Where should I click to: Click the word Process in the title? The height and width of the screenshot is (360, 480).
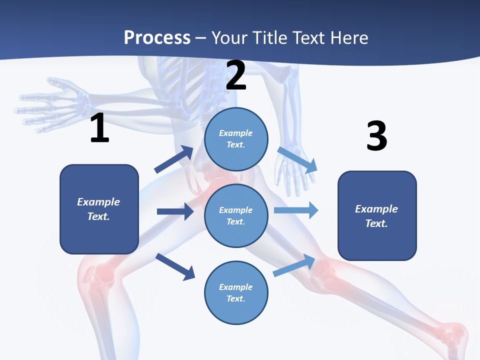point(157,37)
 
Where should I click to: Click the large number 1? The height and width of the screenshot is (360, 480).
point(99,128)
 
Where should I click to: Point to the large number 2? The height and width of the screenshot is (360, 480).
point(236,75)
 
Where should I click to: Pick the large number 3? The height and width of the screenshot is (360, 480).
point(376,136)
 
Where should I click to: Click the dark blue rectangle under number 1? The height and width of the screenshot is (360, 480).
point(99,209)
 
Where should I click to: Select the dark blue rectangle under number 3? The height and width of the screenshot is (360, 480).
point(377,215)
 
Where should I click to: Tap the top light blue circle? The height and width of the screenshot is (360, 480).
point(236,139)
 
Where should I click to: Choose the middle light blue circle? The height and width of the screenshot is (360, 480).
point(236,215)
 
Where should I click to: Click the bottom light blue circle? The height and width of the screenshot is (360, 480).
point(236,292)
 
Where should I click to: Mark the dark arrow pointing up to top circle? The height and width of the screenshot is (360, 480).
point(174,159)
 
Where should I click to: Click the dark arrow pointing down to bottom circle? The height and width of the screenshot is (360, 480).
point(175,266)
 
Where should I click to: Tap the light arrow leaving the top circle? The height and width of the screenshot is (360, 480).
point(297,159)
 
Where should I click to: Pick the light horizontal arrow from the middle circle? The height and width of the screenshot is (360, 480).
point(296,210)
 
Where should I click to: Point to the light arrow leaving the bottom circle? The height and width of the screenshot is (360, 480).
point(294,265)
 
